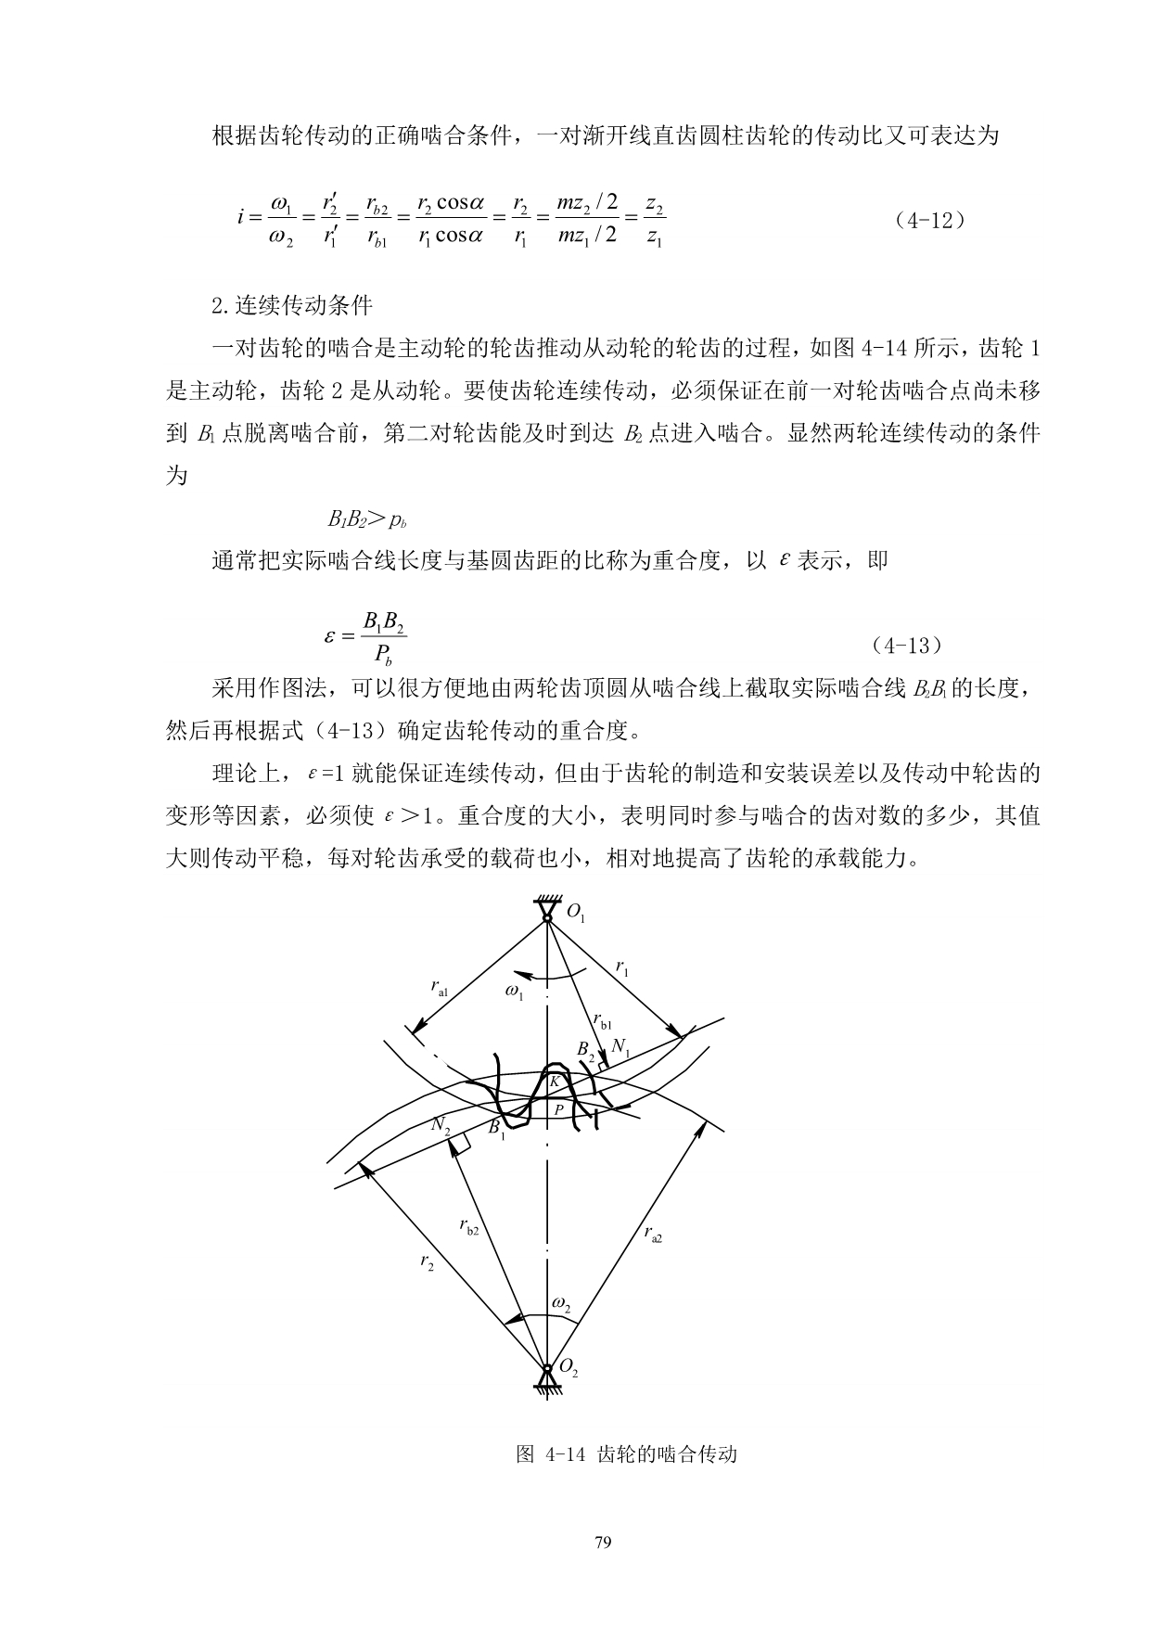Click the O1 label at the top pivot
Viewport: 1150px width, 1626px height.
(x=575, y=915)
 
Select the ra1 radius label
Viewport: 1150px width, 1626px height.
(x=441, y=989)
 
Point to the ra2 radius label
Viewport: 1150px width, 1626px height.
(x=653, y=1233)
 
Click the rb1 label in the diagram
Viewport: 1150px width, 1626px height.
(x=603, y=1021)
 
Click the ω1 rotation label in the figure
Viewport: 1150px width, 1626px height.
(x=515, y=992)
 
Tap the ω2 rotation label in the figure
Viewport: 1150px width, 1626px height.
(x=561, y=1304)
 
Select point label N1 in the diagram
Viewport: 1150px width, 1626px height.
(x=620, y=1050)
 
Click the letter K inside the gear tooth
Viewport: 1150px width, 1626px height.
(x=554, y=1082)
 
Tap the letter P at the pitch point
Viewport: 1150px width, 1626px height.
(x=558, y=1108)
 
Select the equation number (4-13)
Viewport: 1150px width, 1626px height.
(x=908, y=644)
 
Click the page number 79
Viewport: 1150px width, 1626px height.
(x=602, y=1543)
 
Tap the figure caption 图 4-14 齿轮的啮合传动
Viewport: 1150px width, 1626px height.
(x=626, y=1453)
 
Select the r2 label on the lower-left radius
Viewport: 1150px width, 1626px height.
(x=427, y=1262)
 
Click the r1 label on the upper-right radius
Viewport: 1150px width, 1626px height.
(x=623, y=968)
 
